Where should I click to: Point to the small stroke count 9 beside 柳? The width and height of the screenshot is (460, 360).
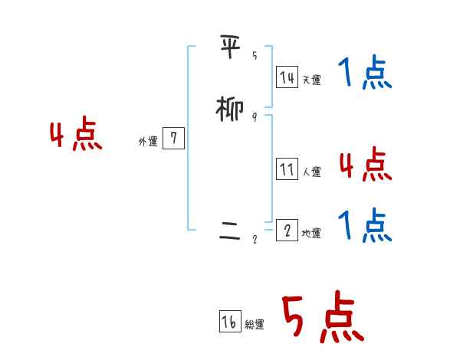pyautogui.click(x=255, y=117)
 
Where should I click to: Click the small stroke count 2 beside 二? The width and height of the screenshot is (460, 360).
pyautogui.click(x=255, y=239)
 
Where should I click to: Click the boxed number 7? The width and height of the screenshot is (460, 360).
pyautogui.click(x=174, y=139)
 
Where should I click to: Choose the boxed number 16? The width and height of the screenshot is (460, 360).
pyautogui.click(x=229, y=322)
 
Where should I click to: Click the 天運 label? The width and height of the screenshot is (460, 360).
pyautogui.click(x=311, y=80)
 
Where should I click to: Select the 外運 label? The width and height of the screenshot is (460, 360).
pyautogui.click(x=148, y=142)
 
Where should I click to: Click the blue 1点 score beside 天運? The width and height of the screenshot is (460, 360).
pyautogui.click(x=365, y=74)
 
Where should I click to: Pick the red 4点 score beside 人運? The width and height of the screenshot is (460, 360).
pyautogui.click(x=365, y=164)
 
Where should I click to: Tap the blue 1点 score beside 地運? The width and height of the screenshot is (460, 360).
pyautogui.click(x=365, y=225)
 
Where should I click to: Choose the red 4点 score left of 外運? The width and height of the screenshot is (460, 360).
pyautogui.click(x=76, y=136)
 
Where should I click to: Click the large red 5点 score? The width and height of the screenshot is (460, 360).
pyautogui.click(x=322, y=317)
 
